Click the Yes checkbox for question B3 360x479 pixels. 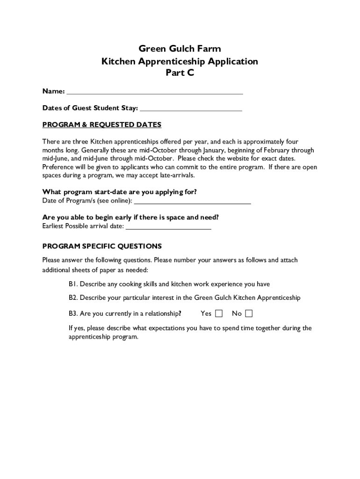[x=219, y=313]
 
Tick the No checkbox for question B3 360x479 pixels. [x=249, y=313]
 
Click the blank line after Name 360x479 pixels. [x=155, y=91]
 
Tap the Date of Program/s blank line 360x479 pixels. [x=193, y=202]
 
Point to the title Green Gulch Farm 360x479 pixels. [x=180, y=49]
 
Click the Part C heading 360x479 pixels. [x=180, y=73]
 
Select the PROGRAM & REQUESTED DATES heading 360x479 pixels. [x=102, y=125]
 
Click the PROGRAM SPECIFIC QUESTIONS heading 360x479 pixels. [x=102, y=247]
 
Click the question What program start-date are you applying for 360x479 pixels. [x=120, y=192]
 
